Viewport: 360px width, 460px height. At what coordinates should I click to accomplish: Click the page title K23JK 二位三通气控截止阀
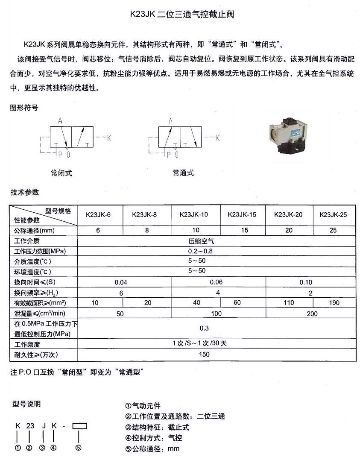[x=182, y=14]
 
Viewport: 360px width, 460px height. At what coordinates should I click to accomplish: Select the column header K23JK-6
[x=98, y=214]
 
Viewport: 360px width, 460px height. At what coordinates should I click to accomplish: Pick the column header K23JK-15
[x=242, y=214]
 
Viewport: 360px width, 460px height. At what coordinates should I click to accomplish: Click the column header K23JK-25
[x=333, y=214]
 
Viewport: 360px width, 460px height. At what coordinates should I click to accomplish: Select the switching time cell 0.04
[x=121, y=282]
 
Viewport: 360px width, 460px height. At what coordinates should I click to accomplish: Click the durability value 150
[x=205, y=355]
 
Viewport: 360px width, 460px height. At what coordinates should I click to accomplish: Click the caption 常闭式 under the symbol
[x=61, y=173]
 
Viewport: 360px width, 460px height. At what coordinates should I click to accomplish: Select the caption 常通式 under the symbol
[x=183, y=173]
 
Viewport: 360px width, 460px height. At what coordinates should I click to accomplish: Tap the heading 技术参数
[x=25, y=192]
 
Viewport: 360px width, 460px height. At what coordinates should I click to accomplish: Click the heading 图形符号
[x=24, y=108]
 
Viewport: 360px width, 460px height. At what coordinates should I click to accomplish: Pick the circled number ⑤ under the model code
[x=79, y=448]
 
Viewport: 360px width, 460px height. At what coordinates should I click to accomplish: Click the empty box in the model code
[x=80, y=426]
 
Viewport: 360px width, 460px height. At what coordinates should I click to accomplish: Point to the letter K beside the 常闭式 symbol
[x=108, y=138]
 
